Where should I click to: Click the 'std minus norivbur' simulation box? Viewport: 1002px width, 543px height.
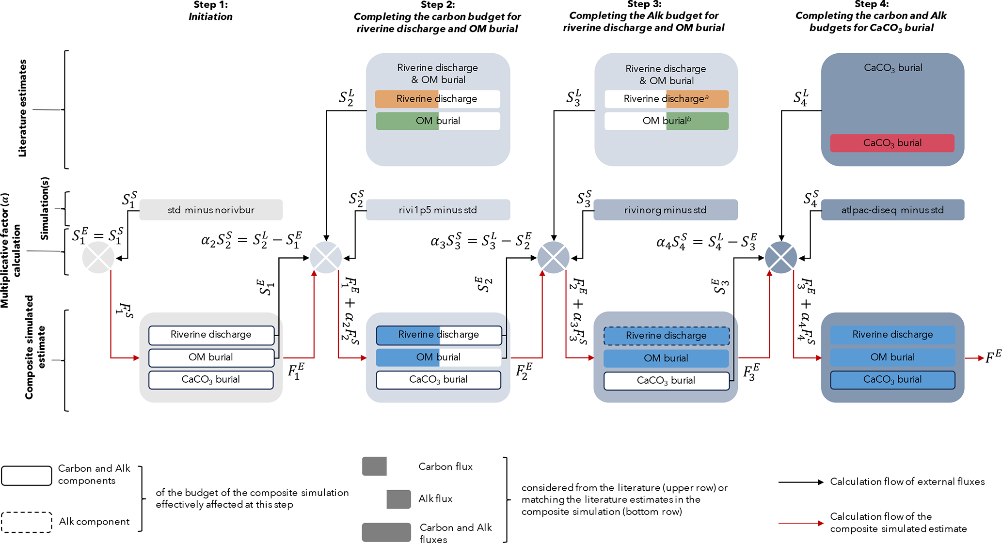point(211,210)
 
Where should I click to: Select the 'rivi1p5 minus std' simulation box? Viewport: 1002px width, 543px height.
point(438,210)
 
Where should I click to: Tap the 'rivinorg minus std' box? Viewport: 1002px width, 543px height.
point(665,210)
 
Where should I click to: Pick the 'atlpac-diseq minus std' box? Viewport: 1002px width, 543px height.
point(892,210)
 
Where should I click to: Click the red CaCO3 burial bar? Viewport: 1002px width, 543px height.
point(892,143)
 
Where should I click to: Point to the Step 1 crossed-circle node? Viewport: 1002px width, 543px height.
point(98,257)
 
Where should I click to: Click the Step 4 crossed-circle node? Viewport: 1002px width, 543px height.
point(780,257)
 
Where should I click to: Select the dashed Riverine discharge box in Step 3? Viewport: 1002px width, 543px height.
point(666,336)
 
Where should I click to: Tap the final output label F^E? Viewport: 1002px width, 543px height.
point(993,357)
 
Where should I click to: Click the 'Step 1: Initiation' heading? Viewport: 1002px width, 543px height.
point(210,11)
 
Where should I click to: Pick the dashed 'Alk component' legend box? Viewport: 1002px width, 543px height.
point(27,522)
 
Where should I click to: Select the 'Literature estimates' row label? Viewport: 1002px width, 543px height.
point(22,109)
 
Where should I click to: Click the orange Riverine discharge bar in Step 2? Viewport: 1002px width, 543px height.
point(407,99)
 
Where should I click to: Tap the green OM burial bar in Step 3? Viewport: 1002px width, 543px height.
point(697,121)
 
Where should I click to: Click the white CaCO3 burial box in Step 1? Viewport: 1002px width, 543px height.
point(211,380)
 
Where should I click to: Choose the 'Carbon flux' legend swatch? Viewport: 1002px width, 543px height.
point(374,466)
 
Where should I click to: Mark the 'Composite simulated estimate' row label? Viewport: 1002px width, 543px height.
point(35,347)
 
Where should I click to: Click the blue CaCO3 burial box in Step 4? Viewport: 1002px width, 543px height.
point(892,380)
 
